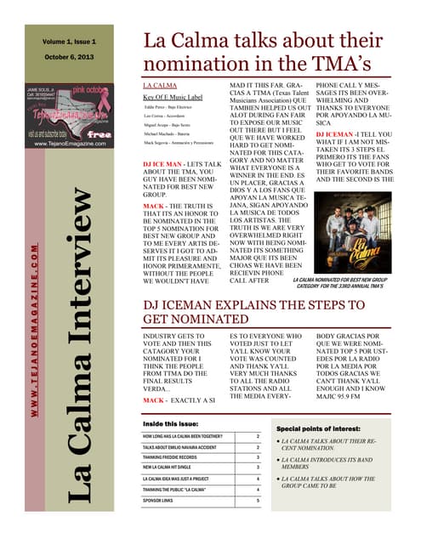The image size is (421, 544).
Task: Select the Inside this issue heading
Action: pos(173,422)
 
